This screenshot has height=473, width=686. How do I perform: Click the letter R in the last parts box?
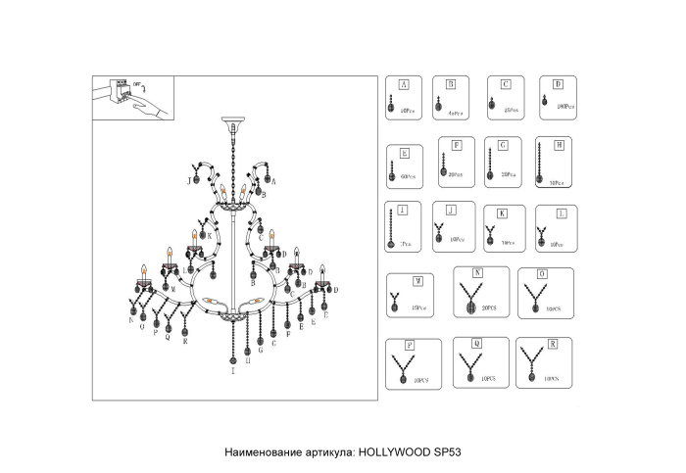(x=554, y=345)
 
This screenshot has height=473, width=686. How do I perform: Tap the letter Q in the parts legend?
(x=477, y=344)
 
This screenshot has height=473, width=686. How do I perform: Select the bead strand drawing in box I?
(x=393, y=229)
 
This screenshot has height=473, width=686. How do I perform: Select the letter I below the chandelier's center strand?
(x=233, y=372)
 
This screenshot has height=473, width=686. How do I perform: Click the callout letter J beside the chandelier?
(x=190, y=181)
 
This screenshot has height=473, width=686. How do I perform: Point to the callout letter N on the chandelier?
(x=130, y=320)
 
